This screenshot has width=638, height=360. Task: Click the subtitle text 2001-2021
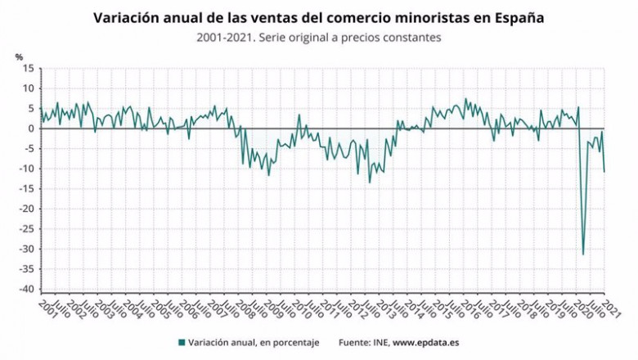click(222, 38)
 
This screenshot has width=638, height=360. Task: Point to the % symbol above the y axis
click(19, 56)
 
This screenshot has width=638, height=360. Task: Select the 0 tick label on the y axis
click(31, 128)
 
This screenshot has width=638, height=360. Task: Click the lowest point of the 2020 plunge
click(583, 254)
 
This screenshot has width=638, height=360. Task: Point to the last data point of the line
click(604, 172)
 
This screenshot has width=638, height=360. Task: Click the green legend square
click(182, 342)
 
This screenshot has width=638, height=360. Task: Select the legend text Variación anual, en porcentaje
click(254, 342)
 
